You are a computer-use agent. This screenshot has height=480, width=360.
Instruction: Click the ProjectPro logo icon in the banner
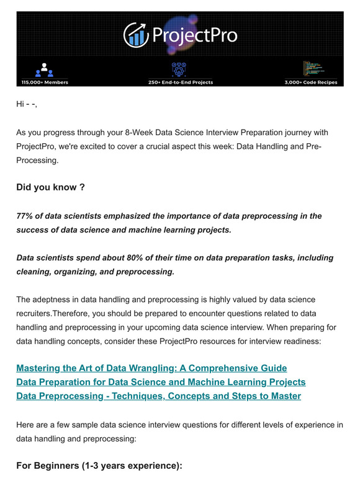(x=135, y=35)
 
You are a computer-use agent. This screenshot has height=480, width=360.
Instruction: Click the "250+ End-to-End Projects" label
(x=181, y=82)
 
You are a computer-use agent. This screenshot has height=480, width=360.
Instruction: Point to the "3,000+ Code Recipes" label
(x=311, y=82)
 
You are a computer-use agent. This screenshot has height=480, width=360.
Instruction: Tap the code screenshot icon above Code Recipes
(x=313, y=68)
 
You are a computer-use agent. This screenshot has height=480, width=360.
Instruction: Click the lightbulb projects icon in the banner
(x=180, y=68)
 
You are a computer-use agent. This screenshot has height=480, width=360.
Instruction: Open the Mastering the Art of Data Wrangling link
(x=151, y=368)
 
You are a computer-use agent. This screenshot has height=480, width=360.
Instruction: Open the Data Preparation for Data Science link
(x=161, y=382)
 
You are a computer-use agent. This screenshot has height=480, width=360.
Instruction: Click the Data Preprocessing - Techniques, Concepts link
(x=158, y=396)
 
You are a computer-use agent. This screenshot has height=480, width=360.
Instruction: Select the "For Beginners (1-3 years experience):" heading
(x=99, y=464)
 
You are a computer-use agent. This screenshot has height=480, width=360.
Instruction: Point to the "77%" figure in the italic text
(x=26, y=216)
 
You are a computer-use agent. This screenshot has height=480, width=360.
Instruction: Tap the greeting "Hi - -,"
(x=27, y=104)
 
